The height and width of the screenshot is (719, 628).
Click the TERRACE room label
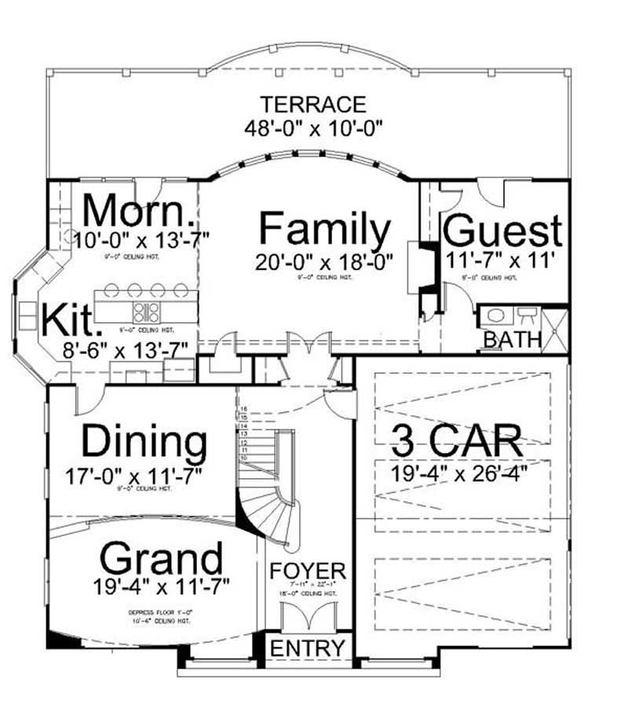[x=313, y=104]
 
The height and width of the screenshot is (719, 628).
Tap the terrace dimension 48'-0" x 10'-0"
[x=313, y=127]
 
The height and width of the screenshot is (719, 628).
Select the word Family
[x=324, y=231]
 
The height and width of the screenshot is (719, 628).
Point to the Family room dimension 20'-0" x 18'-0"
[x=324, y=261]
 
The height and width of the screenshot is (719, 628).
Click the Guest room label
[x=502, y=232]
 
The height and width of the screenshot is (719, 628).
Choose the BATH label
[x=512, y=340]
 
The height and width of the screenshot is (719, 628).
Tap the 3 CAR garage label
[x=457, y=441]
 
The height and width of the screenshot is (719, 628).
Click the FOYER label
[x=308, y=570]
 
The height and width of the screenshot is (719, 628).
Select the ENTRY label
[x=308, y=648]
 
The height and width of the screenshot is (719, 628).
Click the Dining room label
[x=145, y=442]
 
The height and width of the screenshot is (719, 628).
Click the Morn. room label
[x=138, y=210]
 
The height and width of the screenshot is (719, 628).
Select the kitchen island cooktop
[x=147, y=312]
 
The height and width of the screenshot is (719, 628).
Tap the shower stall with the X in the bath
[x=555, y=328]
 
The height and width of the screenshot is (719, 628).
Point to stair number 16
[x=244, y=409]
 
